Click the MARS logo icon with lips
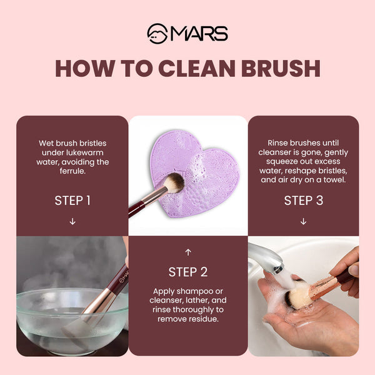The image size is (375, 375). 156,32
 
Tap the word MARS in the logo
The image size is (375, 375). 198,33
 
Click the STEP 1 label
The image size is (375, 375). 72,201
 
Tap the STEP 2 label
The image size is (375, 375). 187,272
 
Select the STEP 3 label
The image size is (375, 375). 303,201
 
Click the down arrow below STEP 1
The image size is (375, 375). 72,221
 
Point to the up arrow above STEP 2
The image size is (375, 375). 187,252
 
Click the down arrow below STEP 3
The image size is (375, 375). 303,221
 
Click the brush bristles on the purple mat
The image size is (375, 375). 173,182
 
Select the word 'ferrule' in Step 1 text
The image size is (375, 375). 72,171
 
